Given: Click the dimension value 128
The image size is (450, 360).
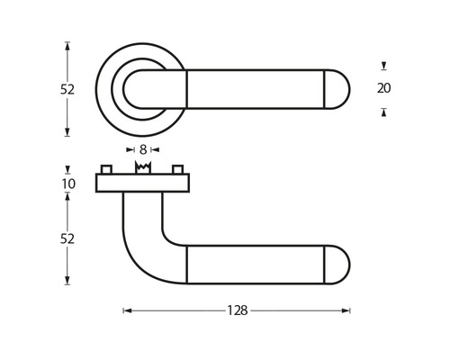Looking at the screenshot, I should (x=237, y=310).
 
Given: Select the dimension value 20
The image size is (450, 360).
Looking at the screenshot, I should (x=384, y=88).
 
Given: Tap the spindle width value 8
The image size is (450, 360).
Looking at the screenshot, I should (x=142, y=149).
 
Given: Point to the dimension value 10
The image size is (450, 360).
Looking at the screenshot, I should (x=68, y=184).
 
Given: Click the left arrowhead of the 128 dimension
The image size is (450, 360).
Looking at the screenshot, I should (x=126, y=310).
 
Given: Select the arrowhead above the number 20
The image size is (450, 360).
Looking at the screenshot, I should (x=384, y=66).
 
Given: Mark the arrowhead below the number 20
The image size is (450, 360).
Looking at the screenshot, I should (x=384, y=112).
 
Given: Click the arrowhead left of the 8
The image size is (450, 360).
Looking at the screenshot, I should (x=129, y=149).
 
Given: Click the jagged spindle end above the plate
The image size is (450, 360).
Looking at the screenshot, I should (x=142, y=168).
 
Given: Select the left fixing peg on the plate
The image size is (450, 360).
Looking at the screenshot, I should (x=107, y=170).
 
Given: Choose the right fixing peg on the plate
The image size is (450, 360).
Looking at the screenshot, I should (x=177, y=170).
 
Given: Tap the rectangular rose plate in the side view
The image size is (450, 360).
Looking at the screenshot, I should (x=142, y=184).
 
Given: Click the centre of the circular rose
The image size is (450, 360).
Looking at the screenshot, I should (x=142, y=88).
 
